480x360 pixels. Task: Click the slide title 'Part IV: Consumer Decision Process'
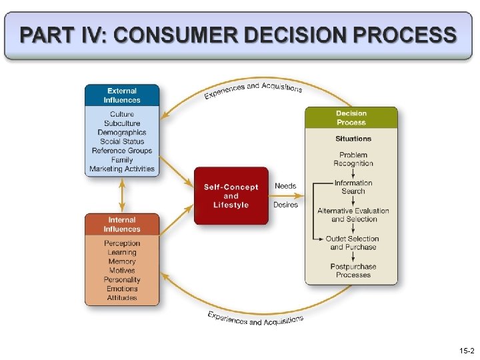click(239, 35)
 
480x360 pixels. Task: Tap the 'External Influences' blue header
click(122, 95)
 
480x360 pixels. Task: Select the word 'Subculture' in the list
click(122, 123)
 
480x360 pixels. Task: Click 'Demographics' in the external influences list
click(122, 133)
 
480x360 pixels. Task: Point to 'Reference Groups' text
click(122, 151)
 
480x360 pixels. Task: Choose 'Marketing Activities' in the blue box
click(122, 169)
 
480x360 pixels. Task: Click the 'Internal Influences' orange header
click(122, 225)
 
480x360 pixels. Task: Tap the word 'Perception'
click(122, 243)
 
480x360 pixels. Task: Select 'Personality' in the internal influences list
click(122, 280)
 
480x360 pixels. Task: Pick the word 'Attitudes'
click(122, 298)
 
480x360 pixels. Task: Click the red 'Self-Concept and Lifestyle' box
click(231, 196)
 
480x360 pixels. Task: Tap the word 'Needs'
click(285, 186)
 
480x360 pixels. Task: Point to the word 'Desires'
click(285, 205)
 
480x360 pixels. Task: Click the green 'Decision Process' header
click(351, 118)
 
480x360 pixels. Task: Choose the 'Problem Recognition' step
click(353, 159)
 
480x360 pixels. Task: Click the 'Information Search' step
click(353, 187)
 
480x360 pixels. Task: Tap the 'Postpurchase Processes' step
click(353, 271)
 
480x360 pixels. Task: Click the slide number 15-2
click(466, 351)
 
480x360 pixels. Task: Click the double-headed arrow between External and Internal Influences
click(121, 195)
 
